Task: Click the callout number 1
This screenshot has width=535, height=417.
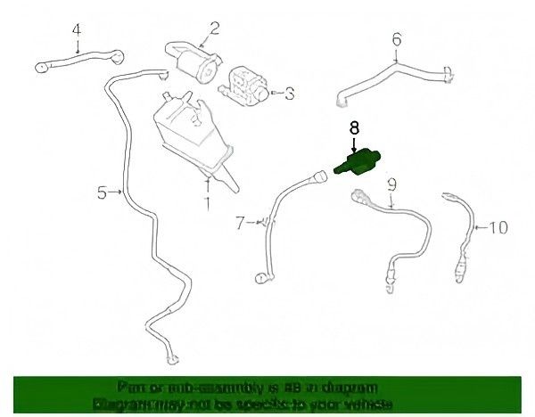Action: click(x=209, y=204)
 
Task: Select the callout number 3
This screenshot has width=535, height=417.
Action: click(x=287, y=91)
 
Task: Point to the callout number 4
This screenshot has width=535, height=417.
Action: click(x=77, y=29)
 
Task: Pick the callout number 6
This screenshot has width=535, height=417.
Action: click(x=397, y=38)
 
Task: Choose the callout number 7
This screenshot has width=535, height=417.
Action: click(x=240, y=223)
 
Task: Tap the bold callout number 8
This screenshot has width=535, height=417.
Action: click(x=354, y=127)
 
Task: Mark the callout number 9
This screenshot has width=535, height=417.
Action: click(x=391, y=185)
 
